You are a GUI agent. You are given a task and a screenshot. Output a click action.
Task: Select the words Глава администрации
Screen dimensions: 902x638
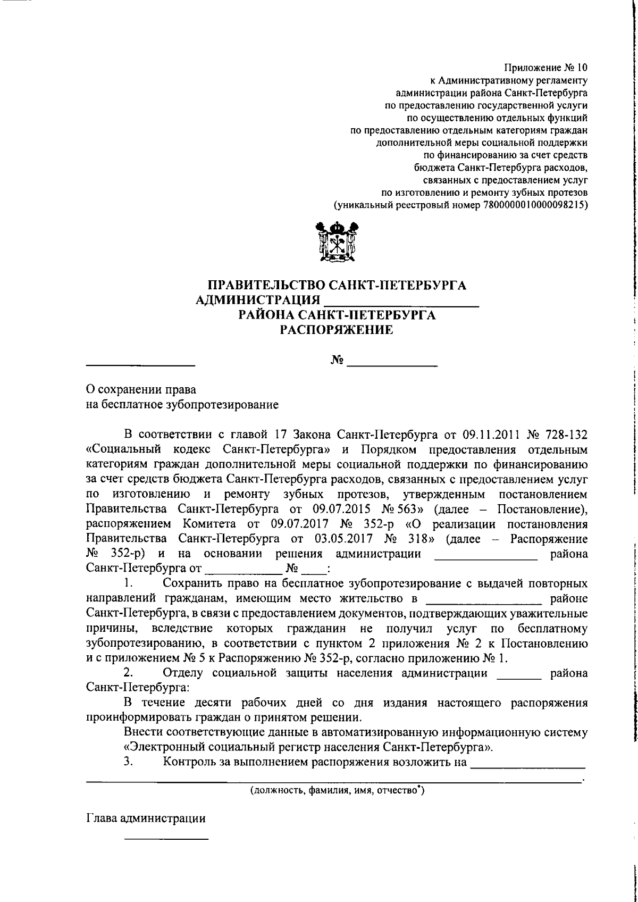(146, 833)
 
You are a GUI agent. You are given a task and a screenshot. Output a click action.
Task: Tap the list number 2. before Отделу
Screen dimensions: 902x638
(128, 673)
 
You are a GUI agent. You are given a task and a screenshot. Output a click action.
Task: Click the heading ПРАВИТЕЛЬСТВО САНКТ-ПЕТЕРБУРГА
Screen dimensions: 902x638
(337, 285)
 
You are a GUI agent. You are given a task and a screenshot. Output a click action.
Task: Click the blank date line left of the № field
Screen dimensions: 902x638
(141, 365)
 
